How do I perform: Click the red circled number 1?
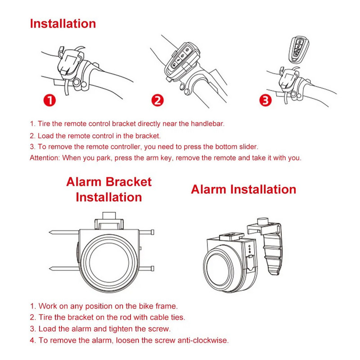49,100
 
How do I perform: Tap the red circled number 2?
157,100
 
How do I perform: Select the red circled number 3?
265,100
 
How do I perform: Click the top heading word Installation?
63,24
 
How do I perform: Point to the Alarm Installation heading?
243,189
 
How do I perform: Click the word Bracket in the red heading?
129,182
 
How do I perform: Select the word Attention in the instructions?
45,158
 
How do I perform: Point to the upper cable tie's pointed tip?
50,233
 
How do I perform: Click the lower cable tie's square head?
152,268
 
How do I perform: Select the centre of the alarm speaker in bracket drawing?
109,262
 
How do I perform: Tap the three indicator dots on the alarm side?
250,249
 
